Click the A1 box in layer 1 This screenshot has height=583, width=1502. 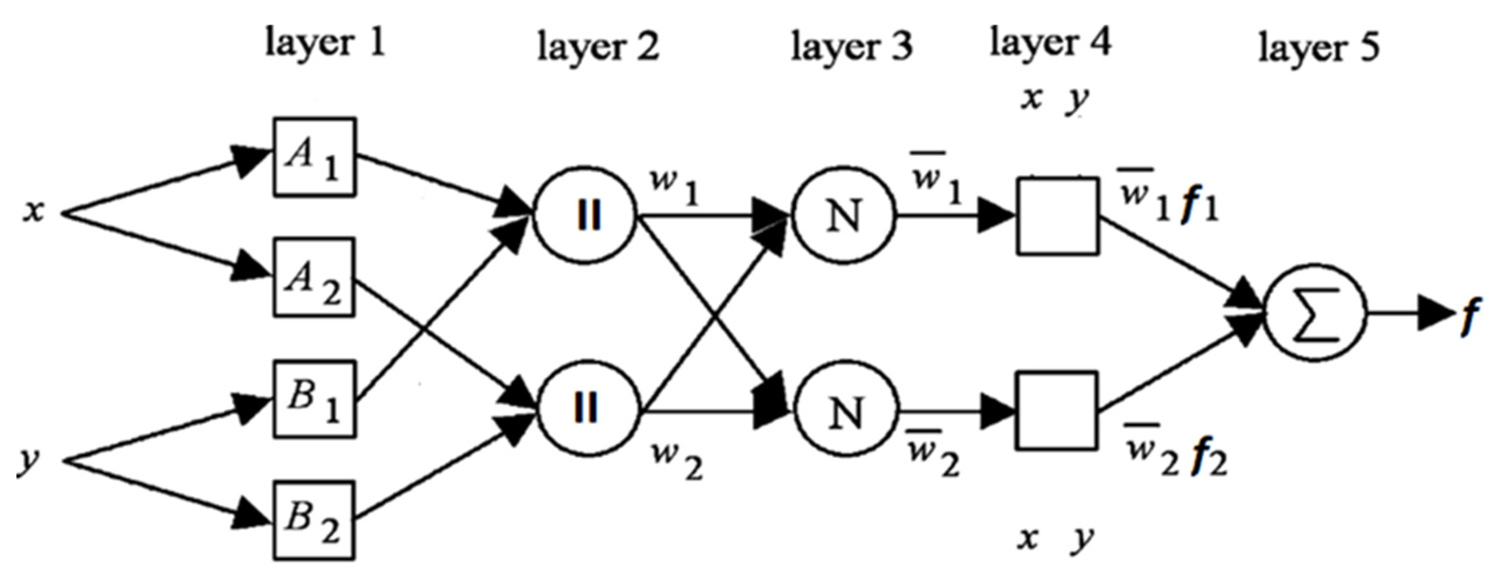(x=314, y=158)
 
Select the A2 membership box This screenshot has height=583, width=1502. (x=314, y=277)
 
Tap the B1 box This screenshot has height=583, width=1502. (x=314, y=400)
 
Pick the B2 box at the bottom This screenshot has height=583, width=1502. (x=314, y=521)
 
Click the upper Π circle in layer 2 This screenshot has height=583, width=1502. (x=586, y=216)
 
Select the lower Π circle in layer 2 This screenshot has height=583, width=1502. (x=586, y=408)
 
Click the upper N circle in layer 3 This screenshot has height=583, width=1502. (x=844, y=216)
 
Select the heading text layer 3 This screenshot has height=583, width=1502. (x=852, y=47)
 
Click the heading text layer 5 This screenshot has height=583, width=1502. (x=1319, y=48)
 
